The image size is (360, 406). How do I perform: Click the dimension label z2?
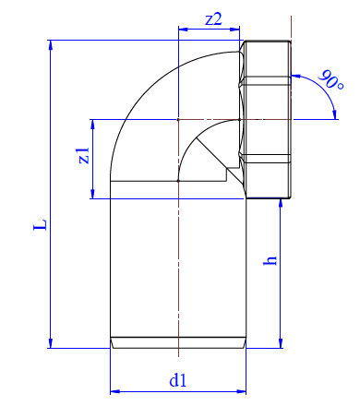click(x=213, y=19)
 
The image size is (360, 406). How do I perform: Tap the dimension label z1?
click(x=83, y=155)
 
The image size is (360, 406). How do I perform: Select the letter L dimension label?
click(x=41, y=224)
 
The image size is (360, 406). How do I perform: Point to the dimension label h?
click(x=270, y=260)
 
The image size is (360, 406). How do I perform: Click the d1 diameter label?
click(x=178, y=380)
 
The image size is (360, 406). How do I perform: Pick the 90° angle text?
click(x=331, y=80)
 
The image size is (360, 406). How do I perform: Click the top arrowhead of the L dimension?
click(x=51, y=45)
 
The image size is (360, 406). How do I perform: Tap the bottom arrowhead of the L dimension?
click(x=51, y=343)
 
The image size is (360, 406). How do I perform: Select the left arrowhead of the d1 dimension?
click(x=115, y=391)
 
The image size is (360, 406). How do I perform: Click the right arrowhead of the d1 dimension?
click(x=241, y=391)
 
